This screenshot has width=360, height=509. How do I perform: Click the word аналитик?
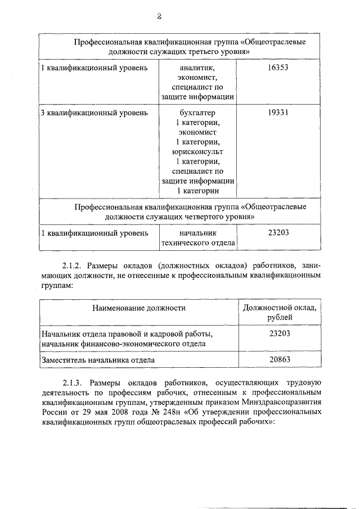pos(197,68)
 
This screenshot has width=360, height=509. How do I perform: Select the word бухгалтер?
pos(197,112)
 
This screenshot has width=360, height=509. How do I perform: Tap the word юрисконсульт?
pos(197,151)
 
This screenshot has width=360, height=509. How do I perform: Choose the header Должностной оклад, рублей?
pos(280,313)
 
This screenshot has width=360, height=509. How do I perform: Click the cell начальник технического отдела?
pos(197,237)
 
